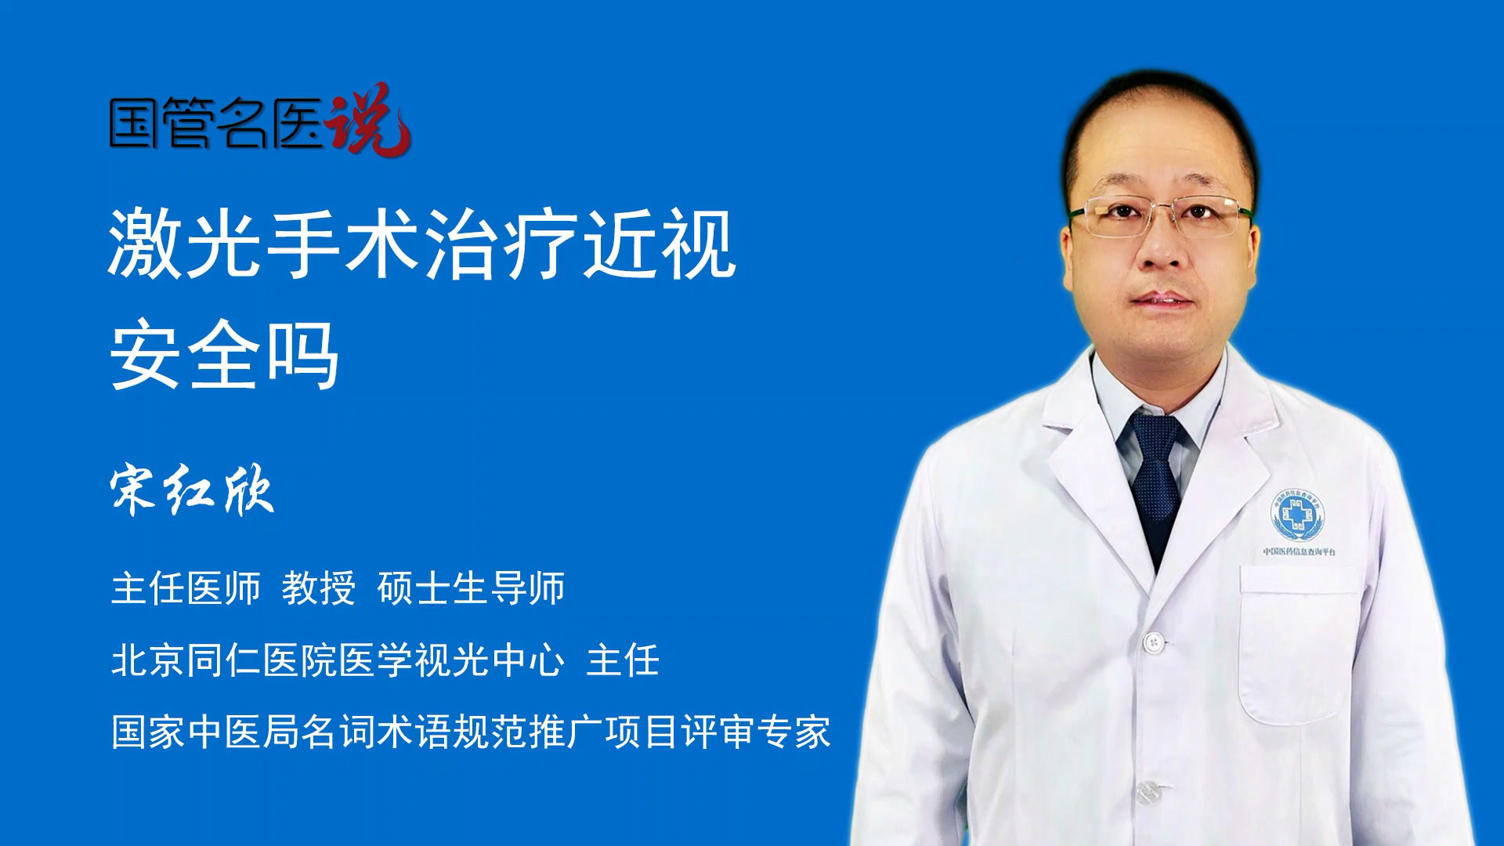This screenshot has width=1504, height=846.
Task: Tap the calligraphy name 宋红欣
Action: tap(192, 491)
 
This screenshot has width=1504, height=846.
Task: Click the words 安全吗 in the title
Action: tap(224, 355)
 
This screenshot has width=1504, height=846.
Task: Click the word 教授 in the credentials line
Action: tap(319, 588)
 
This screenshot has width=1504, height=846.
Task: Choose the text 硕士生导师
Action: tap(471, 588)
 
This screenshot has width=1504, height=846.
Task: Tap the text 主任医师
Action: tap(186, 588)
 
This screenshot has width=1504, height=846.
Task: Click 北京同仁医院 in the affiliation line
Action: tap(224, 660)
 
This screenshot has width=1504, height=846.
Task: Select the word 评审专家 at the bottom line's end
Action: tap(756, 732)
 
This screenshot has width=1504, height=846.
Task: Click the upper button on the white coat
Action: tap(1153, 642)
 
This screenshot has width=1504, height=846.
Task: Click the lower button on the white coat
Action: tap(1147, 792)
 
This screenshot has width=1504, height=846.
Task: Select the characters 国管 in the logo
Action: tap(161, 123)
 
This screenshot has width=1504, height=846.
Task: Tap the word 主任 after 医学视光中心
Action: tap(623, 660)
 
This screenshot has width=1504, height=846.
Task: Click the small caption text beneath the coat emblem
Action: tap(1300, 551)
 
